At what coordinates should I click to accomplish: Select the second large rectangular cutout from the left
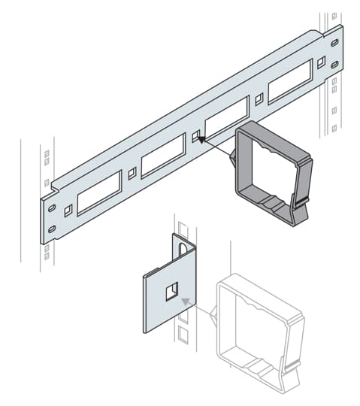pos(162,156)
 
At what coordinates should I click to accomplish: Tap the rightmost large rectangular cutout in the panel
pos(289,80)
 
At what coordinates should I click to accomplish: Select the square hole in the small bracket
pos(171,290)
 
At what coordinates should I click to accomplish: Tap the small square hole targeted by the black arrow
pos(196,136)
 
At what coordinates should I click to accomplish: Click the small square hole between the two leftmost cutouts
pos(132,173)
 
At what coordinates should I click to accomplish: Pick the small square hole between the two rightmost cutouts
pos(259,98)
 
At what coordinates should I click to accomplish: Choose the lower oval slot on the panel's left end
pos(52,228)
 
